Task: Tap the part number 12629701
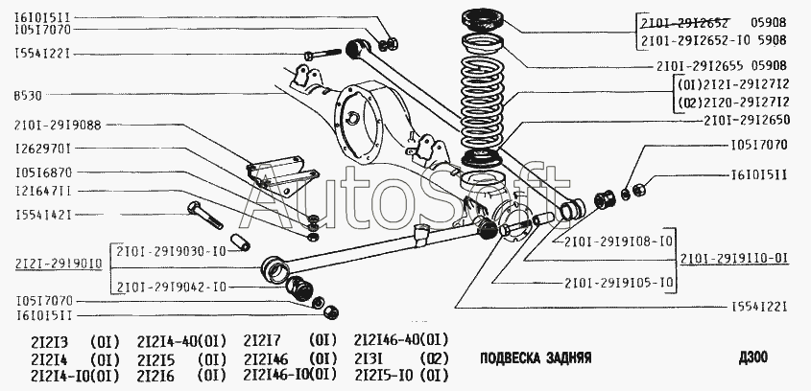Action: tap(43, 149)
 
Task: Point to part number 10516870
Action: tap(43, 173)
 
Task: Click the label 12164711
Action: tap(43, 191)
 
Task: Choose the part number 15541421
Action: tap(43, 215)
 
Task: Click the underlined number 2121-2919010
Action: tap(55, 262)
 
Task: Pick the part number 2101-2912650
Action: tap(746, 121)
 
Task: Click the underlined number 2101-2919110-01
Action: tap(734, 259)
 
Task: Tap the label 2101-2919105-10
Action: tap(619, 282)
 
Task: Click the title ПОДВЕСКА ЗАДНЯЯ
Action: tap(535, 356)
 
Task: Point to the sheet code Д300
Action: tap(752, 356)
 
